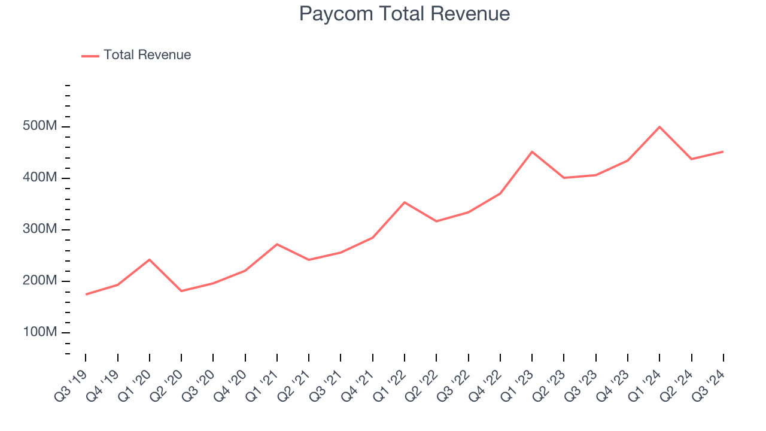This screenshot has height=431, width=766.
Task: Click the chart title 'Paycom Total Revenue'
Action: (405, 14)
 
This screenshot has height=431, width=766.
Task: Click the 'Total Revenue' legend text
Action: (147, 55)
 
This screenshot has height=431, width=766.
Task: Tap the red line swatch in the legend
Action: (90, 56)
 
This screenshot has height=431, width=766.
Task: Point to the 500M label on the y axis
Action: (39, 127)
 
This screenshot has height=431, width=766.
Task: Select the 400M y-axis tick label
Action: (39, 178)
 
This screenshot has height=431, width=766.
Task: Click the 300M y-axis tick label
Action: (39, 230)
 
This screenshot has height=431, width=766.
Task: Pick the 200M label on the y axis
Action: (39, 281)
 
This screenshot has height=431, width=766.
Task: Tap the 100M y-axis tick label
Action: (39, 333)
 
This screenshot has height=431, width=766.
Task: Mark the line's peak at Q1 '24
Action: (659, 127)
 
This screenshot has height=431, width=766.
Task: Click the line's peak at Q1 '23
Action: (532, 151)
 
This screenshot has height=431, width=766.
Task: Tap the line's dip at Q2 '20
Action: (181, 291)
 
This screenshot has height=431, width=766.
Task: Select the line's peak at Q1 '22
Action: (405, 202)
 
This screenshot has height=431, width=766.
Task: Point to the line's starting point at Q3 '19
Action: (86, 294)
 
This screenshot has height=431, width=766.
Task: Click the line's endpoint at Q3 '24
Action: (723, 151)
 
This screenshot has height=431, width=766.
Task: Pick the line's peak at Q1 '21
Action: (277, 244)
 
